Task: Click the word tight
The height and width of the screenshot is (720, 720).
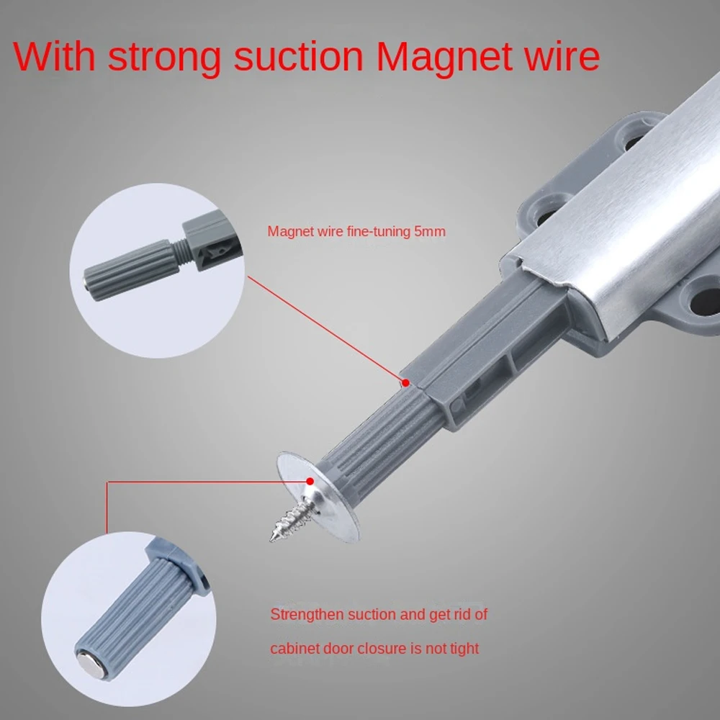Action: pyautogui.click(x=463, y=649)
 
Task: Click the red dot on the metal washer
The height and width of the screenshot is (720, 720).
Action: pyautogui.click(x=310, y=478)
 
